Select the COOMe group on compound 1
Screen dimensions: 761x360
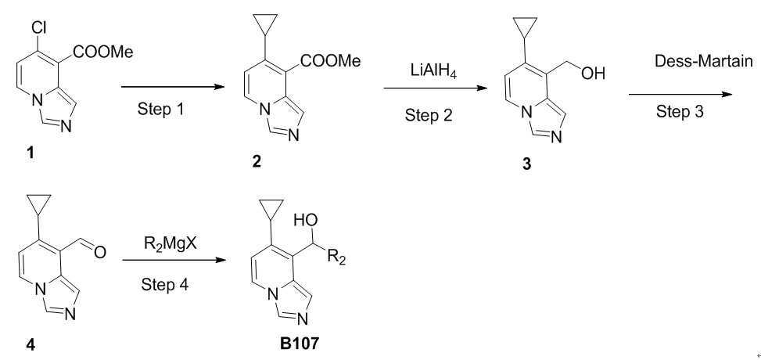point(102,52)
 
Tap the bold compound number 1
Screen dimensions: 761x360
point(31,154)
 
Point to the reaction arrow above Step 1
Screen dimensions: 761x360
point(173,88)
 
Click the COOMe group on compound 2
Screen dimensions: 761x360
point(331,61)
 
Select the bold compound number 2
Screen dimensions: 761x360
point(257,162)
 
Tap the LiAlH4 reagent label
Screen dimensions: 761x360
point(433,74)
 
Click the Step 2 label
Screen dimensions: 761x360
point(428,115)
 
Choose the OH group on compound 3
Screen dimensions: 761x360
point(591,74)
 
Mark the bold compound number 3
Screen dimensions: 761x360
point(526,164)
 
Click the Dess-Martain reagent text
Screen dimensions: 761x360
point(705,61)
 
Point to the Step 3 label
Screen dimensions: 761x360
point(680,112)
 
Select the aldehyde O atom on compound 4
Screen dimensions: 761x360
point(100,252)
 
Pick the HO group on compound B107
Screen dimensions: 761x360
point(307,221)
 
